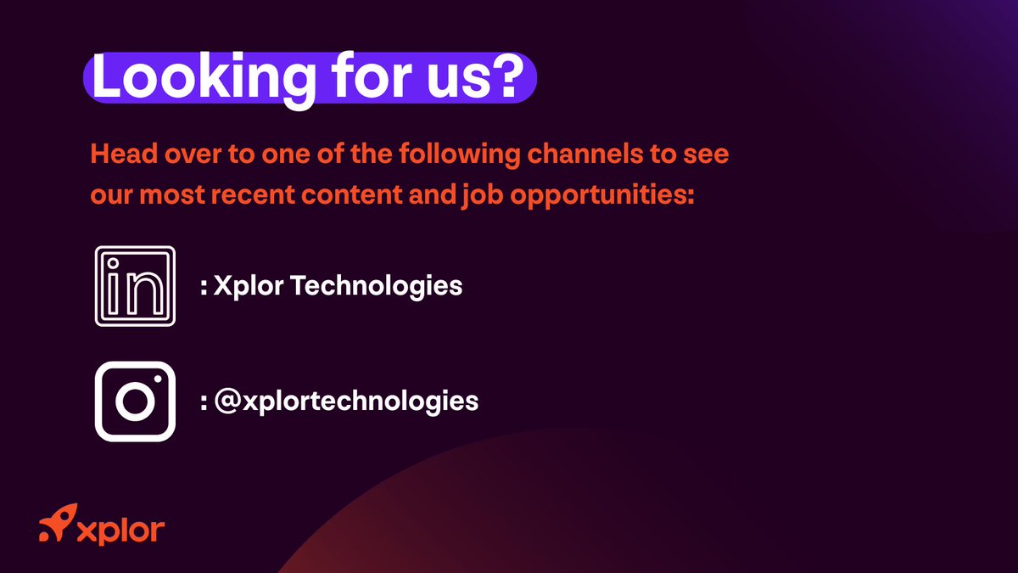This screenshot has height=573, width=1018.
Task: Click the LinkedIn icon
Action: (x=135, y=286)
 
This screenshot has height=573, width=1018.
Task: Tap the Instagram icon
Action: (x=135, y=401)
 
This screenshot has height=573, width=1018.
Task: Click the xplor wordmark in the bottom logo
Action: (x=120, y=531)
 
